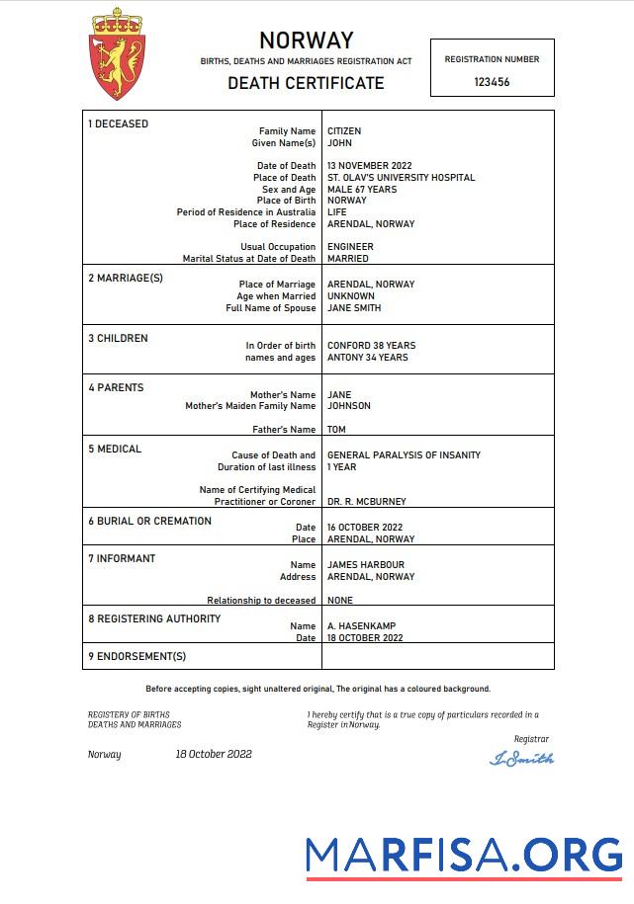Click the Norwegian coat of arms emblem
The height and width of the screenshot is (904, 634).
pos(118,54)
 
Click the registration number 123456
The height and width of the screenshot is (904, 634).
pos(492,82)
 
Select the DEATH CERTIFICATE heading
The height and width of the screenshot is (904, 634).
pos(306,83)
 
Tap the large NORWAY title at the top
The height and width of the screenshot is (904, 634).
pos(306,41)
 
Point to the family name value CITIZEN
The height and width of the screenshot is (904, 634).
pos(344,131)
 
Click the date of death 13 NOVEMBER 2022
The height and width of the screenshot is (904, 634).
pos(369,166)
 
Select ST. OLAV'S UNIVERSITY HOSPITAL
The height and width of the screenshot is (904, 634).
pos(401,178)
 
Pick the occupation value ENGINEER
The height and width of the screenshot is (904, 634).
pos(350,247)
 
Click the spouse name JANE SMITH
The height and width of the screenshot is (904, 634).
pos(353,308)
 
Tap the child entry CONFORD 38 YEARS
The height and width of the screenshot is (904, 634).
pos(371,346)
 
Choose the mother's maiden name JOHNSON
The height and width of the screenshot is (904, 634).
pos(349,406)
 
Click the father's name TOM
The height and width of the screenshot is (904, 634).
pos(336,430)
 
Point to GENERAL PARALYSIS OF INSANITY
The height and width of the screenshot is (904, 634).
pos(404,455)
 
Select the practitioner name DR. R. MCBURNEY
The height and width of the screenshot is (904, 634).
pos(366,502)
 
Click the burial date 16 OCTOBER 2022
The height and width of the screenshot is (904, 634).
pos(364,528)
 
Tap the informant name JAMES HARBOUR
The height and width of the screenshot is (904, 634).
pos(365,565)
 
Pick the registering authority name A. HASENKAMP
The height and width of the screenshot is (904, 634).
pos(361,626)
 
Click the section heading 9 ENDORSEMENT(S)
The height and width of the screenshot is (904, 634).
pos(136,656)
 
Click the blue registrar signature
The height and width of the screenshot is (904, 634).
pos(522,759)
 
